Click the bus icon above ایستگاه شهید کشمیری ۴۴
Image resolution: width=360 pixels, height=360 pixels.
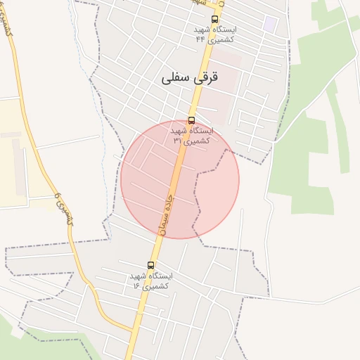[x=214, y=20]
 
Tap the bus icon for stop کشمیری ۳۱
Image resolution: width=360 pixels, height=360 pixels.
[x=191, y=120]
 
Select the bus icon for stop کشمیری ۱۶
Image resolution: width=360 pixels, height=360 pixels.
[x=151, y=265]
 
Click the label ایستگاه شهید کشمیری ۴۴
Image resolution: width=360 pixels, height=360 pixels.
[x=215, y=34]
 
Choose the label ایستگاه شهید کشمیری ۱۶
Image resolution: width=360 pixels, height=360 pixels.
[x=150, y=281]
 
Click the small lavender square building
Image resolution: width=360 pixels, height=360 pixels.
[x=270, y=22]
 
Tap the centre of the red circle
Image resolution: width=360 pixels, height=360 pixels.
[x=180, y=180]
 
